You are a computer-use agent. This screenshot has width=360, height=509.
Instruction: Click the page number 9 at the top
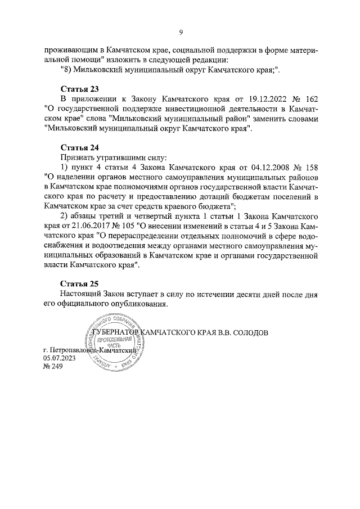[x=181, y=32]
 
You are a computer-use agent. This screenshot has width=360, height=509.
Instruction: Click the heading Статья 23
[x=79, y=89]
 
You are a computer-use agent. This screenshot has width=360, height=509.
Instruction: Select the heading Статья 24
[x=79, y=147]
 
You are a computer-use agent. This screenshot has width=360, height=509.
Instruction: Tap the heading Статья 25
[x=79, y=284]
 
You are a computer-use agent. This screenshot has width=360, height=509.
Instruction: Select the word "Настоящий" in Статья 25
[x=80, y=294]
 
